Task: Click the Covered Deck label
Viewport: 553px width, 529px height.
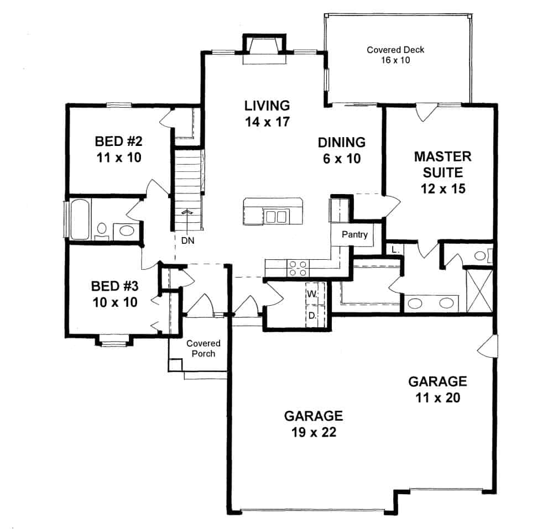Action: [395, 55]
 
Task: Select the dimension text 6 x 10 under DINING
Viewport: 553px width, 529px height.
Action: [341, 159]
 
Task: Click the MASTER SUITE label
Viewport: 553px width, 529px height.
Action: [442, 164]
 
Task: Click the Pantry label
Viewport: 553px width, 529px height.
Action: [354, 234]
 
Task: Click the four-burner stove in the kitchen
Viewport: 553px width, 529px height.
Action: [299, 268]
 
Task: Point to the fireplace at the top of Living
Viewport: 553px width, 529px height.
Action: [264, 47]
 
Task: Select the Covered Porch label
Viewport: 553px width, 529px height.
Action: [203, 349]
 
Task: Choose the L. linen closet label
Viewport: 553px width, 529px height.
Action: [395, 250]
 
